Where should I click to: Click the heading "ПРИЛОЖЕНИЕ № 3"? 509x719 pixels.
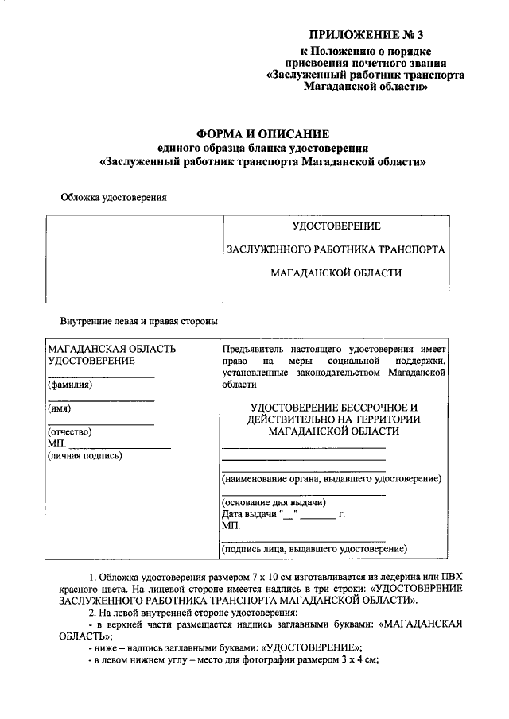pos(365,34)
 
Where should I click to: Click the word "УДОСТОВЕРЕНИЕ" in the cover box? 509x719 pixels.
pos(336,227)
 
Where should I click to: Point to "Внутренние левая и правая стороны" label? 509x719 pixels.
pos(139,322)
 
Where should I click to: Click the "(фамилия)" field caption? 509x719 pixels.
pos(70,385)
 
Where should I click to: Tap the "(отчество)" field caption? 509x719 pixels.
pos(70,432)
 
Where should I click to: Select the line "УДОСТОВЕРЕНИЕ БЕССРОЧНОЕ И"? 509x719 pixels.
pos(334,406)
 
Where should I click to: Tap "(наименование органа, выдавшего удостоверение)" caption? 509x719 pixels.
pos(331,479)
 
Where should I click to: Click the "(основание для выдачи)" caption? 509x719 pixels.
pos(274,503)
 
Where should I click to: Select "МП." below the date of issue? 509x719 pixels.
pos(231,525)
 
